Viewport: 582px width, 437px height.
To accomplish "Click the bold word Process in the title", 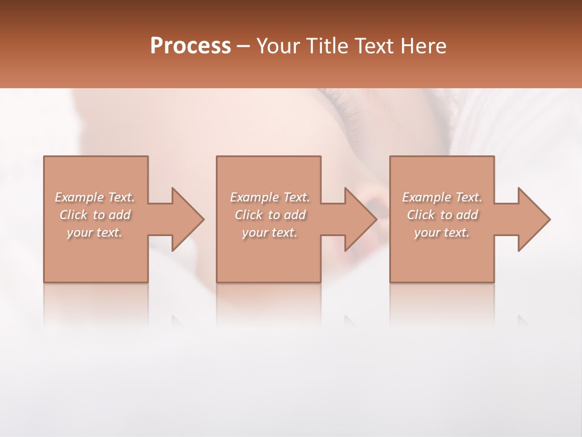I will [x=190, y=46].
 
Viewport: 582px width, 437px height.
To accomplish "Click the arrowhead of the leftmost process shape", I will [x=187, y=219].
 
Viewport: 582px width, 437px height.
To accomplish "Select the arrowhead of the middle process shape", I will [x=360, y=219].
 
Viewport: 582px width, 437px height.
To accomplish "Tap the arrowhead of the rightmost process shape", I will [x=533, y=219].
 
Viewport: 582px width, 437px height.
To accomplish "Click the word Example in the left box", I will [x=79, y=197].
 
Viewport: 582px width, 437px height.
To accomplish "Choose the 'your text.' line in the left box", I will [x=95, y=232].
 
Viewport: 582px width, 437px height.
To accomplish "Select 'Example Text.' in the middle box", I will [x=270, y=197].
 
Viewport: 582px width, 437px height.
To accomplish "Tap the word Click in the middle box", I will [x=248, y=215].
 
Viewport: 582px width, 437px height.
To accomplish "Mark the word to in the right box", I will [x=446, y=215].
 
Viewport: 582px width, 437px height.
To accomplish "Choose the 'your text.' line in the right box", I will [x=442, y=232].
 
